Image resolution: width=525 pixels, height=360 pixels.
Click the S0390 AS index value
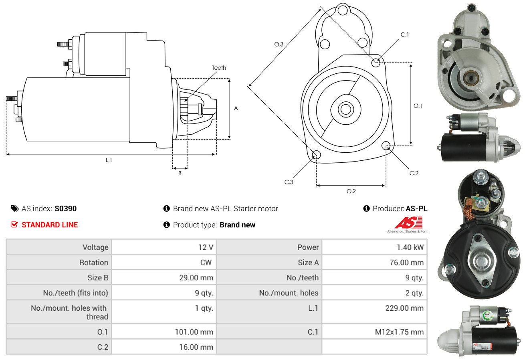[x=65, y=208]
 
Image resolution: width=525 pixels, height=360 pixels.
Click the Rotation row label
[x=93, y=263]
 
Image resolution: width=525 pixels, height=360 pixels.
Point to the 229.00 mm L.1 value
[x=406, y=308]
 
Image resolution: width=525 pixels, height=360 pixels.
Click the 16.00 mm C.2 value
[x=196, y=347]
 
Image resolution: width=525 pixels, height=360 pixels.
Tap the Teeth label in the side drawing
[x=219, y=68]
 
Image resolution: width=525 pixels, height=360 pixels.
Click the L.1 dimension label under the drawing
[x=109, y=160]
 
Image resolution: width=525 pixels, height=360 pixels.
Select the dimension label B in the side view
[x=180, y=174]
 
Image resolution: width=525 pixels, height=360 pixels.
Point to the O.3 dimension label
[x=279, y=44]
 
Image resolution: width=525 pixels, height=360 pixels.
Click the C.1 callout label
[x=405, y=34]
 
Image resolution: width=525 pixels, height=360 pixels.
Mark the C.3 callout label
[x=289, y=182]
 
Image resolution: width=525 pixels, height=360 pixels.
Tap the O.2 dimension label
[x=351, y=191]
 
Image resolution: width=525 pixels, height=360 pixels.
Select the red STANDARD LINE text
[x=50, y=225]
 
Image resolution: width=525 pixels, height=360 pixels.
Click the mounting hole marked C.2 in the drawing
[x=386, y=145]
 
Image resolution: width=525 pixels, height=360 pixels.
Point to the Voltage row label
[x=95, y=247]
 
